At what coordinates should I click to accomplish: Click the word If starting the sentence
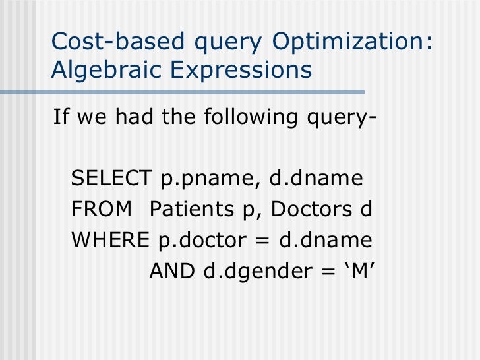pos(62,119)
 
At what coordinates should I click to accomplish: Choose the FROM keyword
pos(100,210)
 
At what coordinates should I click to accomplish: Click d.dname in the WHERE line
pos(326,240)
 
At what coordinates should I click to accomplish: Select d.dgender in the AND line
pos(251,271)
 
